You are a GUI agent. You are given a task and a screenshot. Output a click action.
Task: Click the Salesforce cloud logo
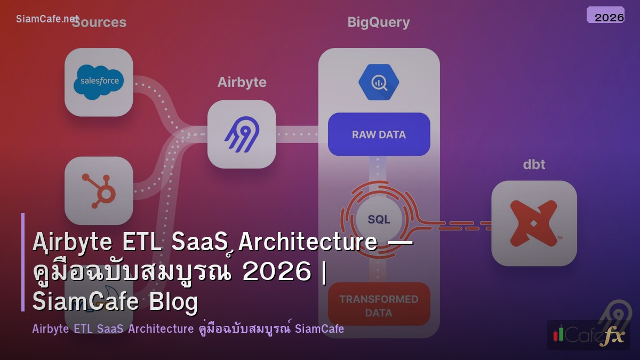point(99,82)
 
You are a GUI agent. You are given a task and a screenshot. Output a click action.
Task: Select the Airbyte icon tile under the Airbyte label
point(242,134)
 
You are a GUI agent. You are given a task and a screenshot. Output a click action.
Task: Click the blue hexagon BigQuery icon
point(379,82)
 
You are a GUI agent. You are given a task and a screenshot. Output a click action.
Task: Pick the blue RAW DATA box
point(379,134)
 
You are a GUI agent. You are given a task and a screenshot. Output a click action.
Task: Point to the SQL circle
point(379,219)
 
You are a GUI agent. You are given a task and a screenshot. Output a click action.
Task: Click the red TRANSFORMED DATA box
point(379,305)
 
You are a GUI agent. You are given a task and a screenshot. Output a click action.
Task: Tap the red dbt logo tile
point(534,223)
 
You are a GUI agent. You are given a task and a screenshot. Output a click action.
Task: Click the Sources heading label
point(99,22)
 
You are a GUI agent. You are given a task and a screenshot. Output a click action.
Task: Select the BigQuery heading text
point(379,22)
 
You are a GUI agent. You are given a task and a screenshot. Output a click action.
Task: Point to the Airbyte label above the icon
point(242,83)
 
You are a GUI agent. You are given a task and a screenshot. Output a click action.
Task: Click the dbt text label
point(534,164)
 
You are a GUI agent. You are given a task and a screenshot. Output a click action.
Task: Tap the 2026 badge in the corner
point(605,16)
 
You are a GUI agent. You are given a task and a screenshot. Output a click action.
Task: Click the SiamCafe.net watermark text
point(47,19)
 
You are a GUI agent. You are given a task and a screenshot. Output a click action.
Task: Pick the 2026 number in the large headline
point(276,273)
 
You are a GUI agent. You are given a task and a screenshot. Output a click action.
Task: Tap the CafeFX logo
point(589,335)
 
